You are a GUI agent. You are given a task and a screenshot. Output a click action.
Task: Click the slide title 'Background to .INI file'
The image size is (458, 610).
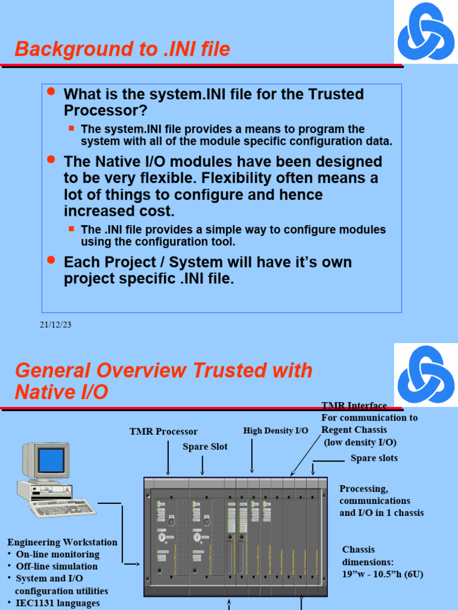122,49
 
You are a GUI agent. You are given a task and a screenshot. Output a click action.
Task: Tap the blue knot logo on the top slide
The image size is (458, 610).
426,31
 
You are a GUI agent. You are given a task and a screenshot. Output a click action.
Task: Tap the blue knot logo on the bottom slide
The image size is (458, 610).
426,374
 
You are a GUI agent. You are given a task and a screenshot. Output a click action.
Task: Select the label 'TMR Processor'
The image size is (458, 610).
163,431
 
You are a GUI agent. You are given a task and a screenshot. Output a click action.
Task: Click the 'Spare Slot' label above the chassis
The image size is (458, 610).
205,447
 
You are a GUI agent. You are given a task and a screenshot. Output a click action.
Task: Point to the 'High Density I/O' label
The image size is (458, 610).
276,431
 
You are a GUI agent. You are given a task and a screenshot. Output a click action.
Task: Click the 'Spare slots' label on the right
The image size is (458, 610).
374,458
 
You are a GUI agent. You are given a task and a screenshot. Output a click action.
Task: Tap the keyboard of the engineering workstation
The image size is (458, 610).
63,508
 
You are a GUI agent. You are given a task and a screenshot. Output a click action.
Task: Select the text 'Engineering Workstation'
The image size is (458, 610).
62,542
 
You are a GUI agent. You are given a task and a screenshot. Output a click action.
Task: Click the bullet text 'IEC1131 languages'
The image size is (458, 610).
58,603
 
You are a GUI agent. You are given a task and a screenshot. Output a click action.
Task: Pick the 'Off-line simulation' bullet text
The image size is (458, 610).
57,566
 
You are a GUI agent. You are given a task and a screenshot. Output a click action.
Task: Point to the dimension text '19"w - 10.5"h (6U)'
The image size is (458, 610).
383,574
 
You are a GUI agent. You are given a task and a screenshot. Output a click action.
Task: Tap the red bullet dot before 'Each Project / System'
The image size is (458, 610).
51,260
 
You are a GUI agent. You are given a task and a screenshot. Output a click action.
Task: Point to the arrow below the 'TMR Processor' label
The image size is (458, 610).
169,459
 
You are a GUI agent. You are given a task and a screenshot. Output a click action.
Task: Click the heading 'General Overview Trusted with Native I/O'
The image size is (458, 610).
163,381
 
